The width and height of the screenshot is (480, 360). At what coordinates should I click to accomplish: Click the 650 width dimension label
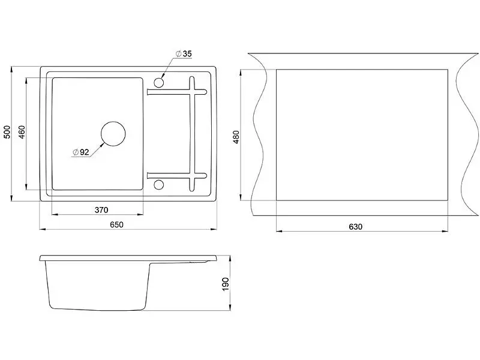click(116, 224)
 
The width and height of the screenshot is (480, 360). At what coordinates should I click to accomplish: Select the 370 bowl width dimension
click(101, 210)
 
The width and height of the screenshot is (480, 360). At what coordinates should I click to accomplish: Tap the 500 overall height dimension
click(7, 132)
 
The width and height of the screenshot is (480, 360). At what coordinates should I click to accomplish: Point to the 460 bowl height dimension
click(22, 132)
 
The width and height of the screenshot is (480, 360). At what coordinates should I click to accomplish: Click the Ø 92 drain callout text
click(81, 152)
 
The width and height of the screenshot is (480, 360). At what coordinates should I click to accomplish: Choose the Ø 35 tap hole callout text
click(184, 53)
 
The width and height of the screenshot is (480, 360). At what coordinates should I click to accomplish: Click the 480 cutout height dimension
click(236, 137)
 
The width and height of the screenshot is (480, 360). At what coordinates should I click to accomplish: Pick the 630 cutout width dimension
click(355, 227)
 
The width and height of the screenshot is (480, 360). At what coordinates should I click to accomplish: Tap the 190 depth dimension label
click(226, 284)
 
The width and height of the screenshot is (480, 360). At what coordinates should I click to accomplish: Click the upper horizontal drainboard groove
click(176, 92)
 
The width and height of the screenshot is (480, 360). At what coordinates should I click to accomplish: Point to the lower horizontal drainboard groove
click(176, 176)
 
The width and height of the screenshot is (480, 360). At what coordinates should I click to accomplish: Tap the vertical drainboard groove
click(192, 133)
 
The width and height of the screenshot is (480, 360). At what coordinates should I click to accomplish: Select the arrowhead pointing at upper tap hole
click(163, 76)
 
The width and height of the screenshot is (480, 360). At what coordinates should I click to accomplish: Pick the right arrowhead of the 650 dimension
click(214, 229)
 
